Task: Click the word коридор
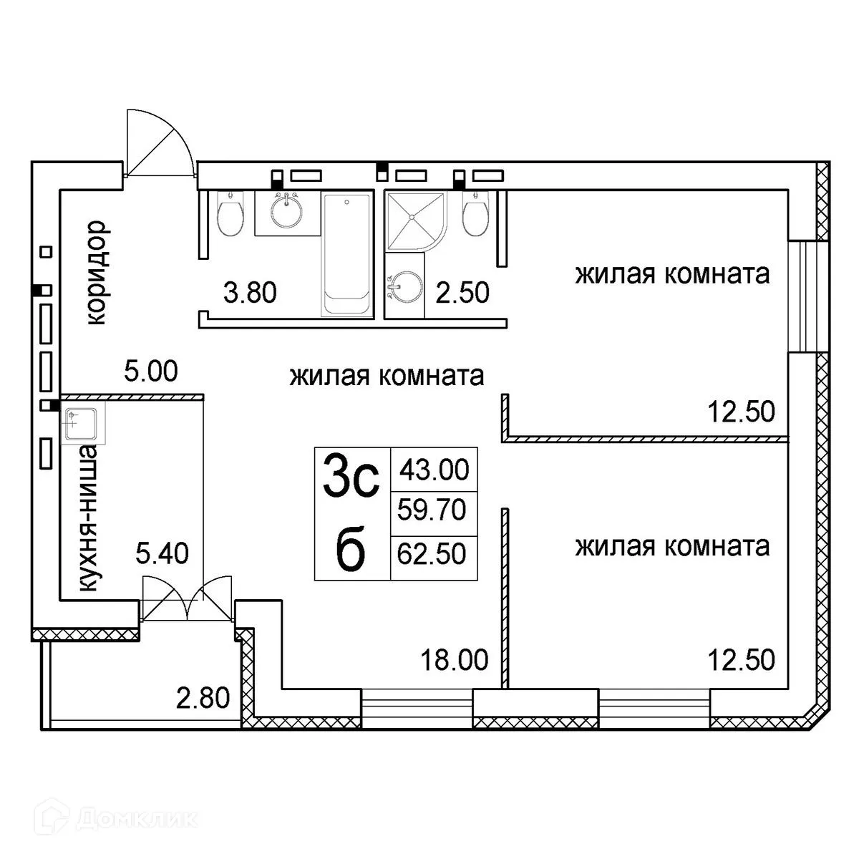coord(97,273)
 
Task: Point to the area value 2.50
coord(463,293)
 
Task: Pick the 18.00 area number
coord(455,659)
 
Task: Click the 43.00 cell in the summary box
coord(434,470)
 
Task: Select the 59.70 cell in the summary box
coord(434,510)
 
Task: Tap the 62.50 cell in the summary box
coord(434,553)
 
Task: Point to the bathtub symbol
coord(348,255)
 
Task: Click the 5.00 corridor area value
coord(150,372)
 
